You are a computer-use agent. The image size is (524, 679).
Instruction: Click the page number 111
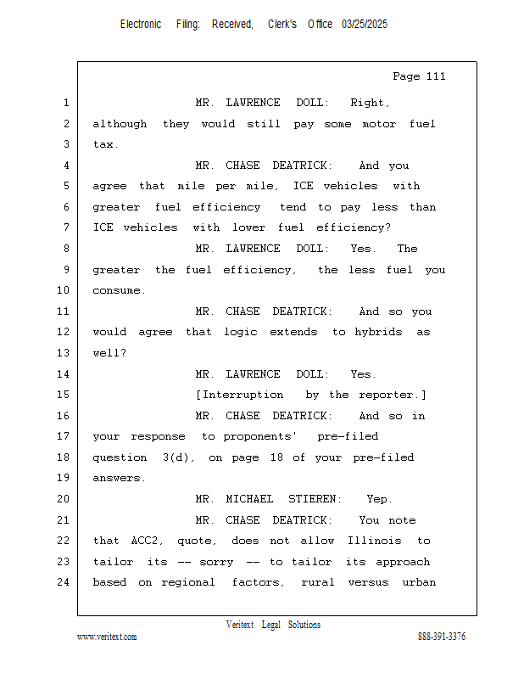(436, 76)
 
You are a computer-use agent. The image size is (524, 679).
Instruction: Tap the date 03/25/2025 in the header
(365, 25)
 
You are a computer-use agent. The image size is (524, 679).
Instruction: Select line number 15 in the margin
(64, 395)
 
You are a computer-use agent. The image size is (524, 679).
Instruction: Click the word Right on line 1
(370, 103)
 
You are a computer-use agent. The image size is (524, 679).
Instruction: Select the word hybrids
(378, 332)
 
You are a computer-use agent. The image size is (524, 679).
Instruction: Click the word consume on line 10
(119, 290)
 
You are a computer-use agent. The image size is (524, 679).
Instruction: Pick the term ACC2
(148, 541)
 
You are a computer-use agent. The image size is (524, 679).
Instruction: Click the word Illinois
(374, 541)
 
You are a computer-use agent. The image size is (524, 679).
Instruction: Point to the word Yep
(379, 499)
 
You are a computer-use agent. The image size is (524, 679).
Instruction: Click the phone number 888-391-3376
(442, 637)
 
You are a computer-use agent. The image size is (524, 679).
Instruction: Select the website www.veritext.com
(107, 637)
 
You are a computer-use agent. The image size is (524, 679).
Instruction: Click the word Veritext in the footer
(240, 625)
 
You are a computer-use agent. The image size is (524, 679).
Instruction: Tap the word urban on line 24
(419, 582)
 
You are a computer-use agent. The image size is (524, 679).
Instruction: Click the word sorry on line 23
(216, 562)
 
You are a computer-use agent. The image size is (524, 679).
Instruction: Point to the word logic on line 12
(241, 332)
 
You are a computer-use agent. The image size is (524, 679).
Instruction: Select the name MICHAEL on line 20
(249, 499)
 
